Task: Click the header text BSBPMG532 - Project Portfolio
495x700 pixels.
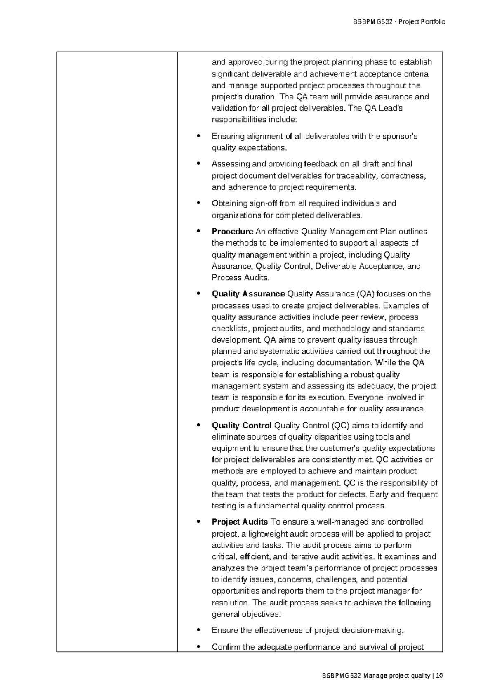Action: (398, 22)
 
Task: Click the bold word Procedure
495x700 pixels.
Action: (232, 231)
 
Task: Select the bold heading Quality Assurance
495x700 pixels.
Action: (248, 294)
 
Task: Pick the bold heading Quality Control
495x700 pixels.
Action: (241, 426)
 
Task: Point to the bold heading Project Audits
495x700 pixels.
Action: (240, 522)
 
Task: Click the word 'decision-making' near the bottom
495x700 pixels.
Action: (375, 630)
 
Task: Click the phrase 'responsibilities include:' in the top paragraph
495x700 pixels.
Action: (254, 120)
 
